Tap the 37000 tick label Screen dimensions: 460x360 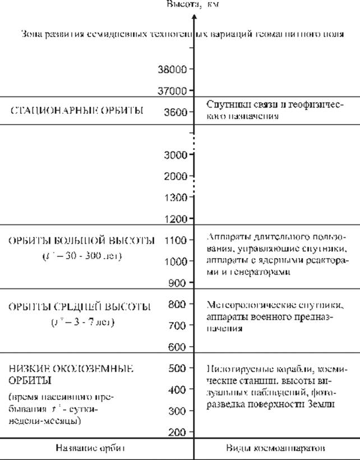tap(172, 90)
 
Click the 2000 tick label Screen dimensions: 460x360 tap(176, 176)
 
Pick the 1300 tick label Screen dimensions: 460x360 tap(176, 197)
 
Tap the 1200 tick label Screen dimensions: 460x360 tap(176, 218)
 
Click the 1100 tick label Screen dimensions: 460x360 tap(176, 240)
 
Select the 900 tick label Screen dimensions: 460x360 tap(178, 282)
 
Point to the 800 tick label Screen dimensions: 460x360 tap(178, 305)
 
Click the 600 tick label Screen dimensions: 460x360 tap(178, 347)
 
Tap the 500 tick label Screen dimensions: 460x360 tap(178, 369)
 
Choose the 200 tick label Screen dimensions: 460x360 tap(178, 432)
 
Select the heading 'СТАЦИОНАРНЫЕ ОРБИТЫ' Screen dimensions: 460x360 tap(77, 111)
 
